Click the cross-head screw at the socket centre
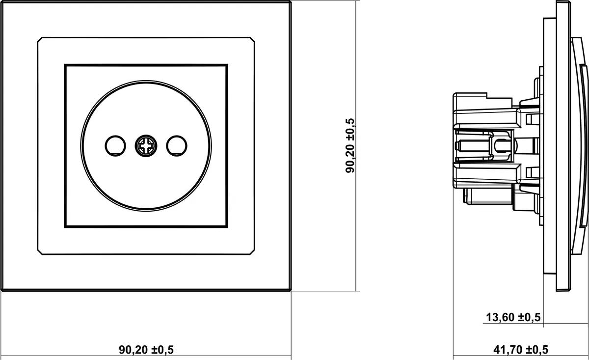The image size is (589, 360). tap(146, 146)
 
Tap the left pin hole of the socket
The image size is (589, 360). tap(115, 146)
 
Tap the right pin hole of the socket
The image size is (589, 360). tap(176, 146)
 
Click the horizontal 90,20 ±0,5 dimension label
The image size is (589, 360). tap(146, 350)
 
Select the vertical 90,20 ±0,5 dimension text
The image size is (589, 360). tap(350, 145)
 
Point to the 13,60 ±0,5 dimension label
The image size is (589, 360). tap(513, 317)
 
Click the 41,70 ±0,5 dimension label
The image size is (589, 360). tap(521, 350)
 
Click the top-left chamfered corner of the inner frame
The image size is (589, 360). tap(40, 40)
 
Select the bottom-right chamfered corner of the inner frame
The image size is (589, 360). tap(252, 252)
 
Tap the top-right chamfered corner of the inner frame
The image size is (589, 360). tap(252, 40)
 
